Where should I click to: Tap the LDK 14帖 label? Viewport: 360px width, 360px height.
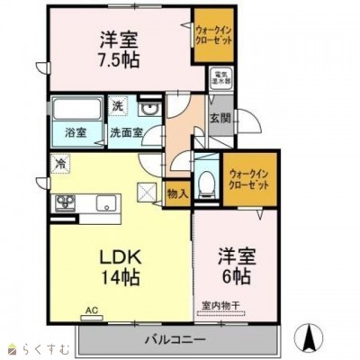118,266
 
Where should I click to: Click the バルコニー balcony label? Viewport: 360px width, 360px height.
173,340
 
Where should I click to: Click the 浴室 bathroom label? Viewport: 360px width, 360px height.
76,133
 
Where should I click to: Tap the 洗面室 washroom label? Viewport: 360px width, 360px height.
125,133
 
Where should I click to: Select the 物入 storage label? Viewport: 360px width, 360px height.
177,193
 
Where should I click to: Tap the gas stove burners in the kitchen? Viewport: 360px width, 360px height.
65,202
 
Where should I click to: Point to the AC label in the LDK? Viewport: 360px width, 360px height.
91,311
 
